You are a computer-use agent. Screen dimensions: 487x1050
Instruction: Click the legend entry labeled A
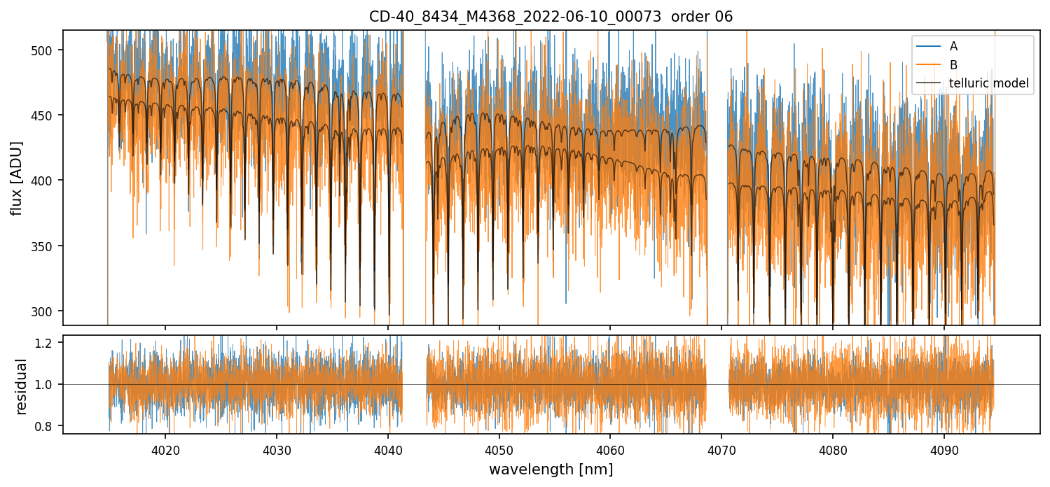[953, 46]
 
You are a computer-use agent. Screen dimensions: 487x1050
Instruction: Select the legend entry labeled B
[953, 65]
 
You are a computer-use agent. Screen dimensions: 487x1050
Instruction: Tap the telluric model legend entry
[988, 83]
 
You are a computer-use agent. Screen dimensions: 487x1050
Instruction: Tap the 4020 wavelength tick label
[165, 448]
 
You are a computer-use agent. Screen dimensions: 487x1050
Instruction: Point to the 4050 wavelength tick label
[499, 448]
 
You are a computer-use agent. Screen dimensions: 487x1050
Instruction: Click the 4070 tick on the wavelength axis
[721, 448]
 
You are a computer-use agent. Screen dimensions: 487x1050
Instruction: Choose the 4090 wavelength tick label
[944, 448]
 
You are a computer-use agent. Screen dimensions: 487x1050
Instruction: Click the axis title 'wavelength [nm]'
[551, 470]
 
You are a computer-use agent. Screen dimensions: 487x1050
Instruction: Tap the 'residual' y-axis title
[21, 386]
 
